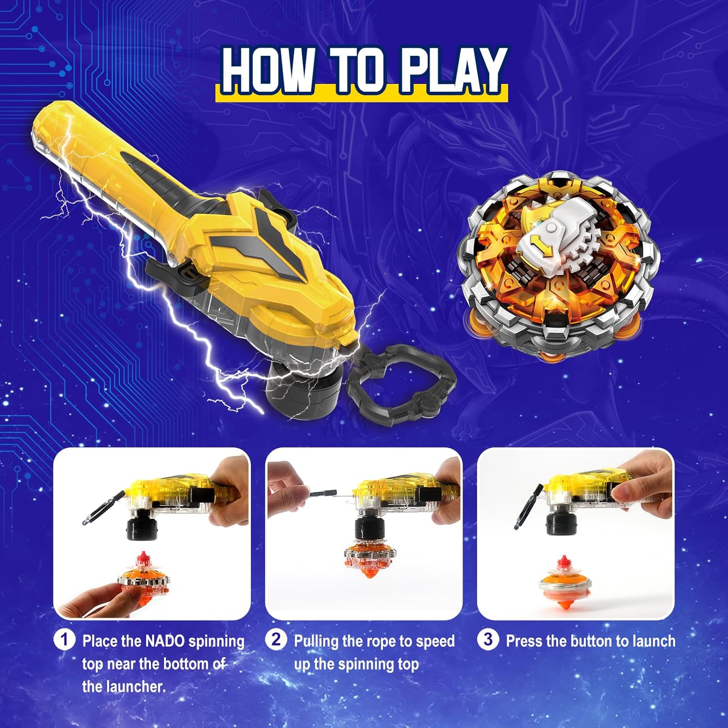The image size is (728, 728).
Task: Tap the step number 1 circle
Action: [64, 640]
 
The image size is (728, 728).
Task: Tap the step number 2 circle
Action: [276, 640]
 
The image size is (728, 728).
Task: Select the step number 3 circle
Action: [488, 640]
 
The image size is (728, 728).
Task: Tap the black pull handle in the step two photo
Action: [322, 493]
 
